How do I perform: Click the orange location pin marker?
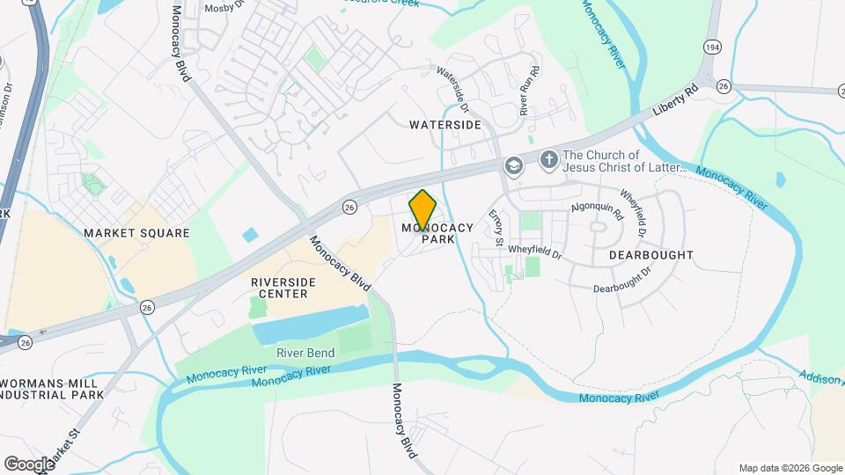(423, 209)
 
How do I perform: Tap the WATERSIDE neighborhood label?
(445, 125)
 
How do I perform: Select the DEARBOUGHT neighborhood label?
(650, 255)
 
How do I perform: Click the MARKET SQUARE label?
(136, 233)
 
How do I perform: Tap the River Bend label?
(305, 353)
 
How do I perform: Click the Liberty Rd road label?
(675, 102)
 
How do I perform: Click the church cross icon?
(548, 160)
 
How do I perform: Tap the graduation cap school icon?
(513, 165)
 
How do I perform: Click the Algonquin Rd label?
(597, 210)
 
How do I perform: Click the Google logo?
(28, 464)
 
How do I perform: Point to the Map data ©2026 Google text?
(790, 468)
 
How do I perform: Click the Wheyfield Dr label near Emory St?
(534, 251)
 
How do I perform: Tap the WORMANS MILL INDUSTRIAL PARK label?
(53, 389)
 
